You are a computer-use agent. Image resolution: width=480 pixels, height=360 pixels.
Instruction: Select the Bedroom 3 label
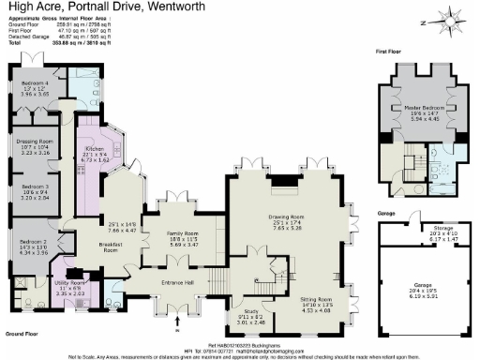(x=34, y=188)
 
